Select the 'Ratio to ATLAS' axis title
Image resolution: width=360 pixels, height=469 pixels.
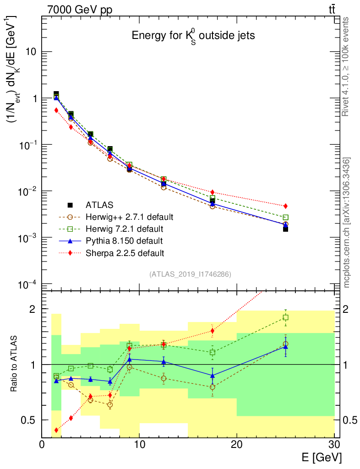point(15,364)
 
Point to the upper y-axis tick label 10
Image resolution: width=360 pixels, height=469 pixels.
point(30,52)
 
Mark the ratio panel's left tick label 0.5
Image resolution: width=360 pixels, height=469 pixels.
point(29,420)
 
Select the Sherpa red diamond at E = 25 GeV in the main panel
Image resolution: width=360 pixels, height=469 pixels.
point(285,206)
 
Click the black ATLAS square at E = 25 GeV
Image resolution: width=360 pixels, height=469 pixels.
point(285,229)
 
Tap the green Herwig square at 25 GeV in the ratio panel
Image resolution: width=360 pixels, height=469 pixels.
point(285,317)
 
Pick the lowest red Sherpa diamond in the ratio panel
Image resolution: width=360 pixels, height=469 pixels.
point(56,430)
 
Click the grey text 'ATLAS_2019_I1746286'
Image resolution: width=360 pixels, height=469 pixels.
point(190,274)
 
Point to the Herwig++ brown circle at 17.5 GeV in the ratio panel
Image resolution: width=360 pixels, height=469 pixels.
point(213,387)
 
